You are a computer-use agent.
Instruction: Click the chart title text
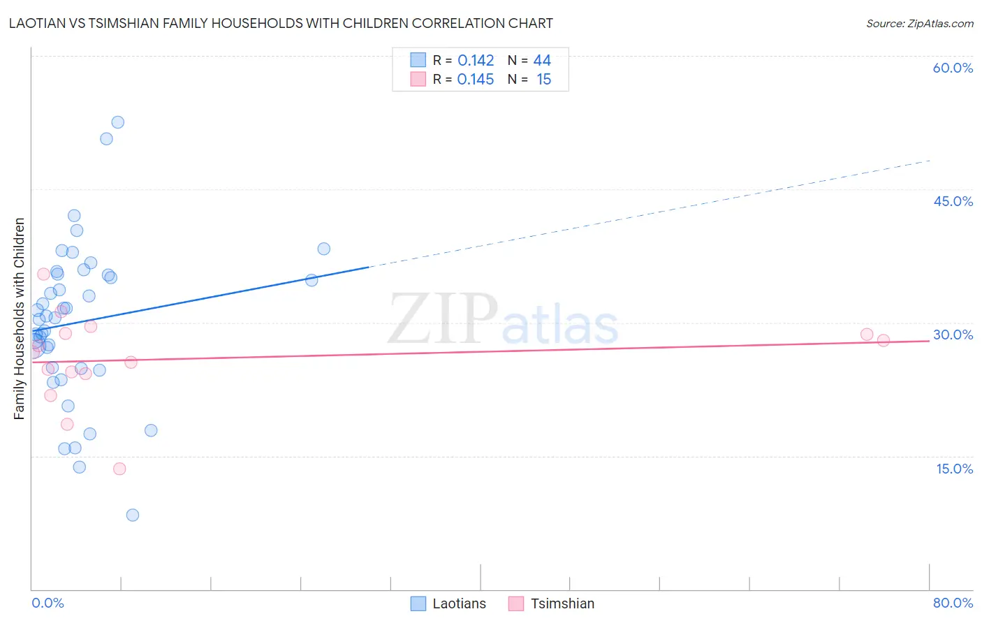(280, 24)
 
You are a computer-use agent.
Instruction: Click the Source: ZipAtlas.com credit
(919, 24)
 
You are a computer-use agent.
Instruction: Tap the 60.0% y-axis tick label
(953, 68)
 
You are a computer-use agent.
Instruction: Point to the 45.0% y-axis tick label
(953, 201)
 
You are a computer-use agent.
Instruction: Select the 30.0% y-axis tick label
(953, 335)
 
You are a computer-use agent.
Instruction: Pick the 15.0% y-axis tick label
(954, 469)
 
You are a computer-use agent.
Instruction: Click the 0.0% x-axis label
(47, 603)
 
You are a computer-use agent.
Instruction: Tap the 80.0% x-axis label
(953, 603)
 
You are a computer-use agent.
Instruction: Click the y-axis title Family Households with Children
(20, 318)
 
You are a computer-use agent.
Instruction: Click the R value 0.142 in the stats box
(476, 61)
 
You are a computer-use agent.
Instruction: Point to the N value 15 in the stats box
(543, 80)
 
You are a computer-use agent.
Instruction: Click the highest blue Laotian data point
(118, 122)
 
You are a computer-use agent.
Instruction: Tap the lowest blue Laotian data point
(133, 515)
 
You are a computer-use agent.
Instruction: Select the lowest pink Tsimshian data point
(119, 469)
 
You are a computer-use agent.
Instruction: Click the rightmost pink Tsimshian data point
(884, 340)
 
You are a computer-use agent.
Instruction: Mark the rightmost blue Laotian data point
(324, 249)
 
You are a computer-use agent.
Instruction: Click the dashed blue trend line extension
(650, 214)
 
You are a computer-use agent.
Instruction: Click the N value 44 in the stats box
(542, 61)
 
